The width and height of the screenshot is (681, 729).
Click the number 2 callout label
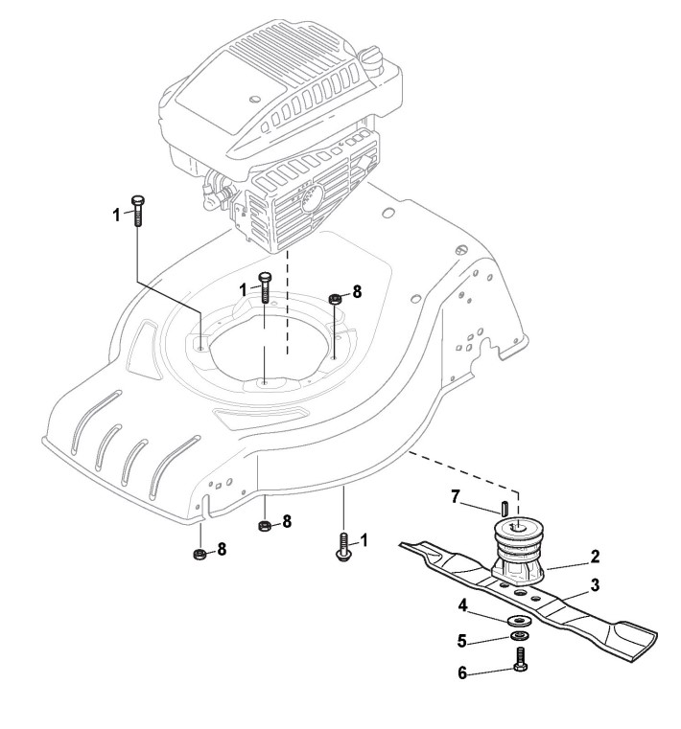pos(596,555)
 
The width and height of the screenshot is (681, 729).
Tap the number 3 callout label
pos(596,583)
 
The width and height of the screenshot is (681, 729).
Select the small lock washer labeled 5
pos(519,637)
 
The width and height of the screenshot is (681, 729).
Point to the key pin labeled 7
pos(503,505)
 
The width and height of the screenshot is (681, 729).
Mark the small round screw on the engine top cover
pos(256,97)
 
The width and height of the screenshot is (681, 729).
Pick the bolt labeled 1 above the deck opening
pos(266,287)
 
